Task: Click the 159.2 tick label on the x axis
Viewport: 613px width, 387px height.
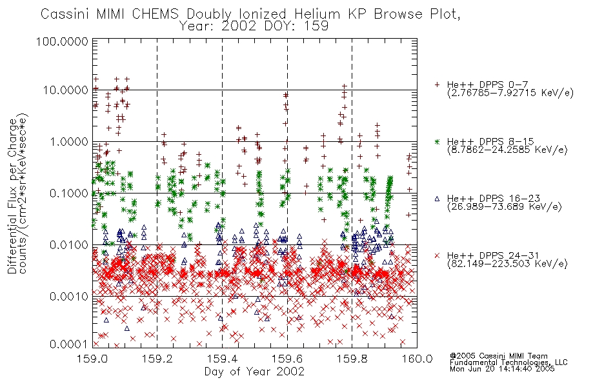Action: point(157,359)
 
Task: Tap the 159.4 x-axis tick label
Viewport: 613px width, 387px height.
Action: point(223,359)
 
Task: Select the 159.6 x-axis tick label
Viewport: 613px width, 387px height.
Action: point(287,359)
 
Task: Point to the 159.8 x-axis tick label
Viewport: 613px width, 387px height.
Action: point(352,359)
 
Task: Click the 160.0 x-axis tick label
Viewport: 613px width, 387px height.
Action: point(417,359)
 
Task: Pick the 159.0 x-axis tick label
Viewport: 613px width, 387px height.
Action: point(93,359)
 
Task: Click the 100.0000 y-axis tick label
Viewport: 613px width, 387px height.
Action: point(63,41)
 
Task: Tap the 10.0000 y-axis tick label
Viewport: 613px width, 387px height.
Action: point(66,90)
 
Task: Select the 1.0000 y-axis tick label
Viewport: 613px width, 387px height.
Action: point(69,142)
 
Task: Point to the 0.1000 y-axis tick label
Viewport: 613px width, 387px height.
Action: point(69,193)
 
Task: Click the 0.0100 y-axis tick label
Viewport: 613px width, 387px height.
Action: point(69,245)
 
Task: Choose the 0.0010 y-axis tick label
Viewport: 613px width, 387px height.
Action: point(69,297)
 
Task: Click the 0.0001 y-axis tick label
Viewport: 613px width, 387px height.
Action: point(69,344)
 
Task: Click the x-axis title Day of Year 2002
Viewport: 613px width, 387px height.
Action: point(254,372)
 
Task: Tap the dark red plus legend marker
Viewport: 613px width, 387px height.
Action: point(437,84)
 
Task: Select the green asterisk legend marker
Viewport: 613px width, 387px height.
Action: point(437,141)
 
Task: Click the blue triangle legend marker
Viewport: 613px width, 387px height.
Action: point(437,199)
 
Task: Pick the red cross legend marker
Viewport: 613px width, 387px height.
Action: point(437,255)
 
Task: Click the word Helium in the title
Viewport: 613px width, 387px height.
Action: point(317,14)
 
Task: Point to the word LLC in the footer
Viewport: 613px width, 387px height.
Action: point(561,362)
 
